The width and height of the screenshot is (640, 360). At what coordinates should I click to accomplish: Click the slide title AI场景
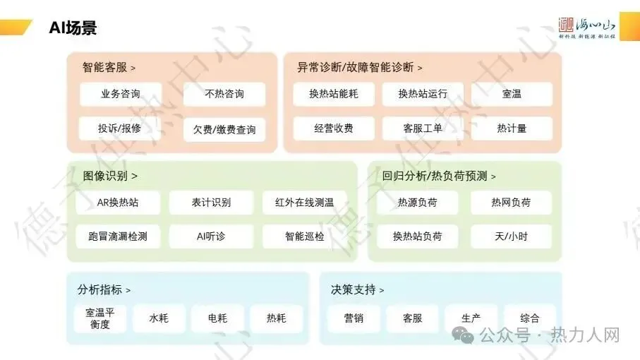(x=73, y=28)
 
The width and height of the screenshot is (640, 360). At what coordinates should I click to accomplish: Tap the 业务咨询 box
(x=120, y=94)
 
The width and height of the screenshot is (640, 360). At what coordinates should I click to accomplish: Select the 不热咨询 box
(x=224, y=94)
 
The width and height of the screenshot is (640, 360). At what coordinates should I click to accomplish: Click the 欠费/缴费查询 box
(x=224, y=130)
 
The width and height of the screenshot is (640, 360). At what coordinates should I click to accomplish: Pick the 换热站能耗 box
(x=333, y=94)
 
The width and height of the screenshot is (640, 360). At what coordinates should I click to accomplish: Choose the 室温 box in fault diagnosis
(x=512, y=94)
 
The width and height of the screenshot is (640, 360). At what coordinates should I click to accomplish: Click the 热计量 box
(x=512, y=128)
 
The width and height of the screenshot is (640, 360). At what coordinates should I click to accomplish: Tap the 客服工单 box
(x=423, y=128)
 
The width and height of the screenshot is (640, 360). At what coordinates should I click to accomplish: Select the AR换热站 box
(x=118, y=203)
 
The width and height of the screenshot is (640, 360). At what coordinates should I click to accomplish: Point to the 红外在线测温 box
(x=305, y=203)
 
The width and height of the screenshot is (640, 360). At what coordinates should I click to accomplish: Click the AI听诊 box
(x=211, y=236)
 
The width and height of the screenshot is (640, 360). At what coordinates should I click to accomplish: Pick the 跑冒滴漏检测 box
(x=118, y=236)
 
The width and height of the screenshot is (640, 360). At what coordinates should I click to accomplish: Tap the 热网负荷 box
(x=511, y=203)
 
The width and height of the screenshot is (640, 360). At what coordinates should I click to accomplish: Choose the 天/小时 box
(x=511, y=236)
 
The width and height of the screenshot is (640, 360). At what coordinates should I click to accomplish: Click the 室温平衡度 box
(x=100, y=318)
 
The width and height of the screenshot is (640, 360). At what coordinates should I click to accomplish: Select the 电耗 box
(x=217, y=318)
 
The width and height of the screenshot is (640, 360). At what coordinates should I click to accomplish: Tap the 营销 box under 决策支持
(x=354, y=318)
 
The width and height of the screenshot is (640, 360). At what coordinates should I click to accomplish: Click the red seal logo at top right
(x=567, y=25)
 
